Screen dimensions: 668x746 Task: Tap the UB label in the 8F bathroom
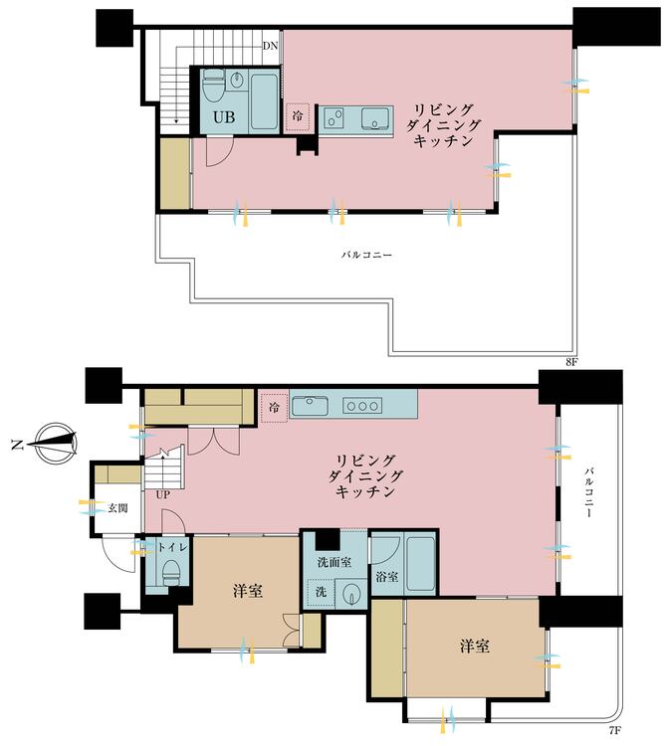pos(224,117)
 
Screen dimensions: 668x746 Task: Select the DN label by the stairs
pos(270,46)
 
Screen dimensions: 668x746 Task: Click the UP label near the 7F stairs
pos(163,494)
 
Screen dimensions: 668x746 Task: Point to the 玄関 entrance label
pos(117,507)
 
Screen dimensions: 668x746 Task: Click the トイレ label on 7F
pos(172,548)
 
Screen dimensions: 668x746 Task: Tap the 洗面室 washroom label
pos(334,562)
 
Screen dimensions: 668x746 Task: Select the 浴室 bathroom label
pos(387,577)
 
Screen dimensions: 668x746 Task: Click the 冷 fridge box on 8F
pos(298,115)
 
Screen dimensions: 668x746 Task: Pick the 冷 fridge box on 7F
pos(274,407)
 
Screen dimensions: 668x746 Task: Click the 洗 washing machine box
pos(321,592)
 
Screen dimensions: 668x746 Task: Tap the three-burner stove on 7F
pos(362,406)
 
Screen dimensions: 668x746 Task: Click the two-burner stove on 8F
pos(334,117)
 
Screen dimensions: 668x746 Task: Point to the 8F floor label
pos(571,362)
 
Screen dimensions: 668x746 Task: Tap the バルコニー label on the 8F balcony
pos(366,255)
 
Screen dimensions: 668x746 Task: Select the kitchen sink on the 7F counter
pos(310,406)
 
